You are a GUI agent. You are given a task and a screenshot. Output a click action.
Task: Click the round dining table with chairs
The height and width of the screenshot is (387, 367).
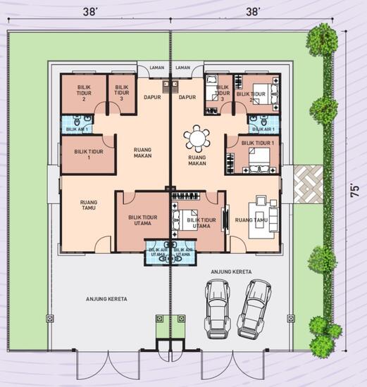coord(197,138)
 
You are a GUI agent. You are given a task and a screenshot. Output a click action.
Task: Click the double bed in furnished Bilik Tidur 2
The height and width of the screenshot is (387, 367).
coord(260,91)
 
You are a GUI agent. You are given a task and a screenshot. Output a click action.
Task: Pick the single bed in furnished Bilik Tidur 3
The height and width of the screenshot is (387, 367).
coord(212,90)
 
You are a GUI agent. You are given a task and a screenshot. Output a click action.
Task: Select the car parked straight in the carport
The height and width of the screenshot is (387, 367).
coord(217,307)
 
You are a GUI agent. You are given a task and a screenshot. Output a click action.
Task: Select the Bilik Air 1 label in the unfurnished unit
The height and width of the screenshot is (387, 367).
coord(77,129)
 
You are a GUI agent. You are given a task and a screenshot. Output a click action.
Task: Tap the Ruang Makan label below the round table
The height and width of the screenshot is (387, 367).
coord(197,160)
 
